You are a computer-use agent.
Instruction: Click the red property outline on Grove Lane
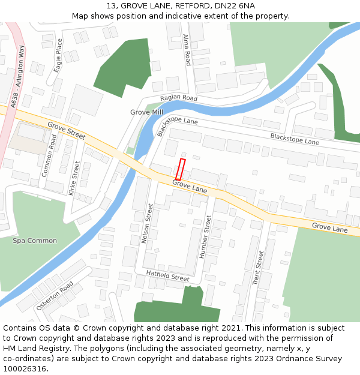[181, 169]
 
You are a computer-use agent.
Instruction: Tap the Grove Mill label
[146, 112]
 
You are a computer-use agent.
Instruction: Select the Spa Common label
[35, 241]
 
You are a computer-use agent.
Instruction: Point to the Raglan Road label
[179, 98]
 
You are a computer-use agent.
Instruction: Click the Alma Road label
[187, 50]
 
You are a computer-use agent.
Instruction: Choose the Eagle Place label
[58, 56]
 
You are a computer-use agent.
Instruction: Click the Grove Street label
[67, 130]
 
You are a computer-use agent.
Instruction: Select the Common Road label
[49, 155]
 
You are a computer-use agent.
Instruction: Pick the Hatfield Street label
[167, 275]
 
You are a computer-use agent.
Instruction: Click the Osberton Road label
[55, 295]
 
